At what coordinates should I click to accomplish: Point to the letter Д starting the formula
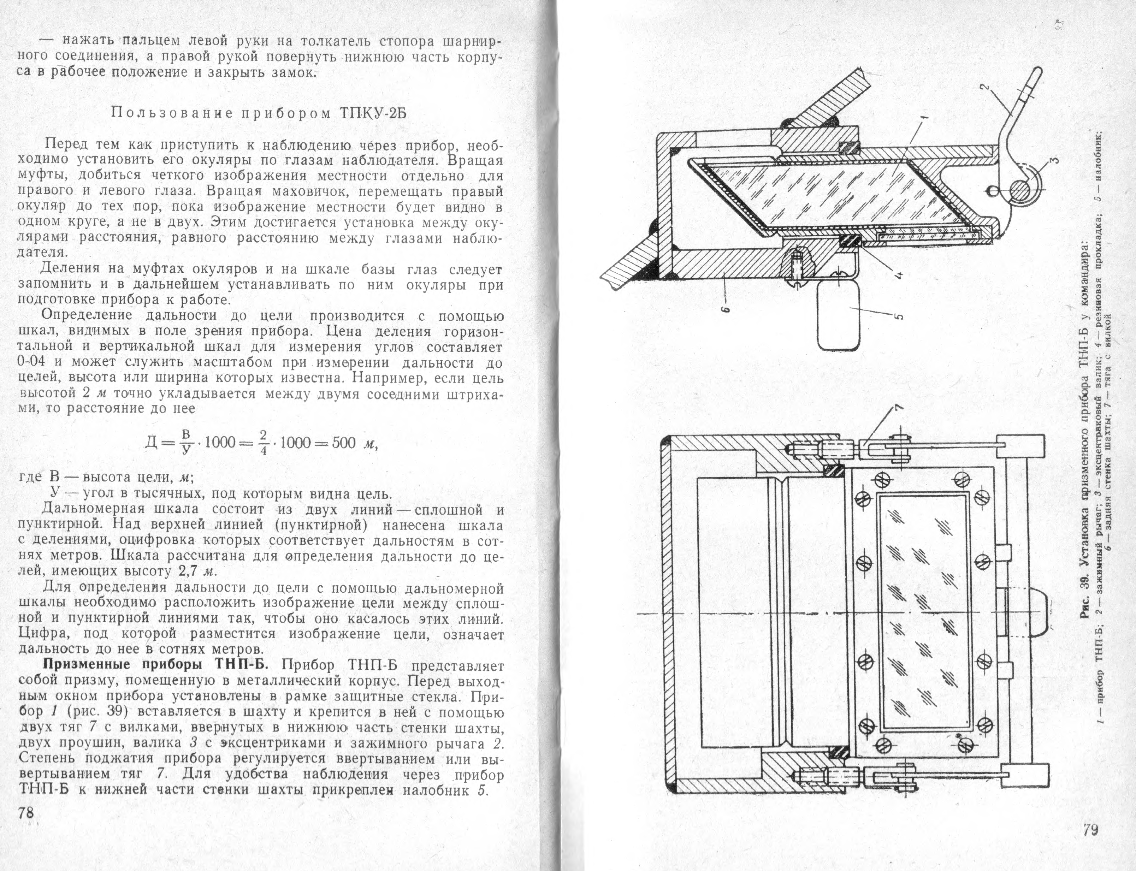tap(152, 443)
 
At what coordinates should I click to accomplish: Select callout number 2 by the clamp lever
tap(986, 89)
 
